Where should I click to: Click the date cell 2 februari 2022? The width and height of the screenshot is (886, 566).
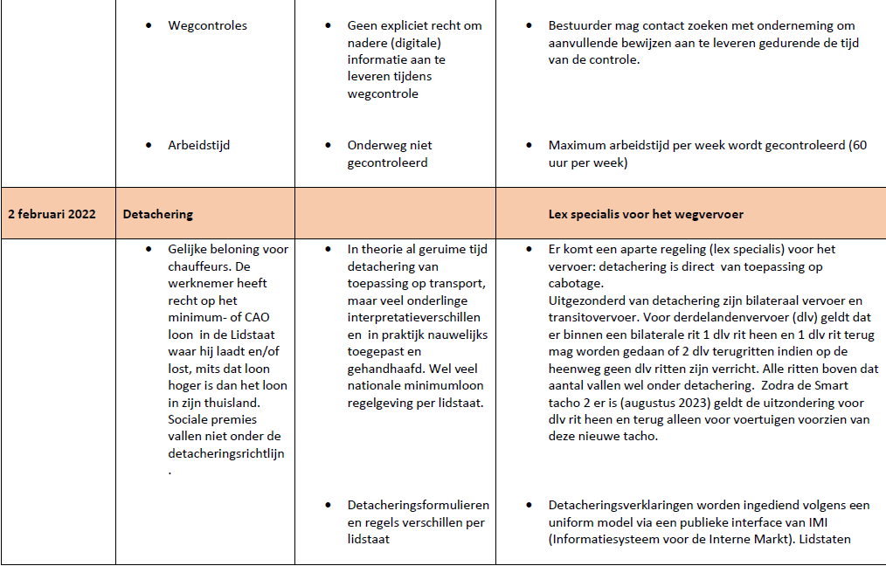[52, 214]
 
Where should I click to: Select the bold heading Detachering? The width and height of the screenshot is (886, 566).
[158, 214]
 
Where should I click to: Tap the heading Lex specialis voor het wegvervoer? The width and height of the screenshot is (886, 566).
[646, 214]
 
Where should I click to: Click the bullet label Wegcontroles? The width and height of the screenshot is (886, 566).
[207, 25]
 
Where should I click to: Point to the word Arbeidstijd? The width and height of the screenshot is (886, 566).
[198, 145]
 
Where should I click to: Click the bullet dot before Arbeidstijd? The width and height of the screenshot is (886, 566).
[150, 145]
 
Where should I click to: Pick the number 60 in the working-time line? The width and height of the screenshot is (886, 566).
[858, 145]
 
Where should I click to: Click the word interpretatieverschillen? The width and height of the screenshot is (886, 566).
[417, 317]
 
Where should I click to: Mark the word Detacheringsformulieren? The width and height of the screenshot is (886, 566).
[418, 505]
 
